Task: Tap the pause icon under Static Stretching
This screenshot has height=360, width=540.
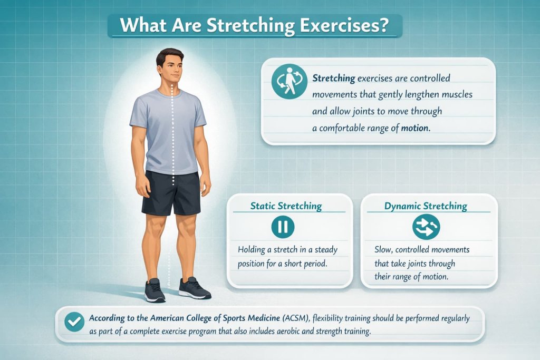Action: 282,227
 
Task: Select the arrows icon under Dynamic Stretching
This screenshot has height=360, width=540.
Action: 426,227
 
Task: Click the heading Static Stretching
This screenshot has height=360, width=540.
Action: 286,206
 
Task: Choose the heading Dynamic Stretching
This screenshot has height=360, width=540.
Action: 426,206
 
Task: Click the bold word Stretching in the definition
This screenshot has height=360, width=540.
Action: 333,79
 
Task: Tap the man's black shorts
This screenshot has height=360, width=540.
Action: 171,192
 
